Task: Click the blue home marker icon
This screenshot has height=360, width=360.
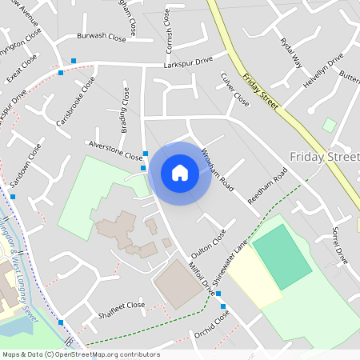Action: coord(180,173)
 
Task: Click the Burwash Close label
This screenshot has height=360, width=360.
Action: coord(102,37)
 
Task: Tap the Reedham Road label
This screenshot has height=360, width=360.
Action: coord(267,186)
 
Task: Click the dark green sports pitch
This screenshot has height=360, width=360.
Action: coord(282,256)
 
